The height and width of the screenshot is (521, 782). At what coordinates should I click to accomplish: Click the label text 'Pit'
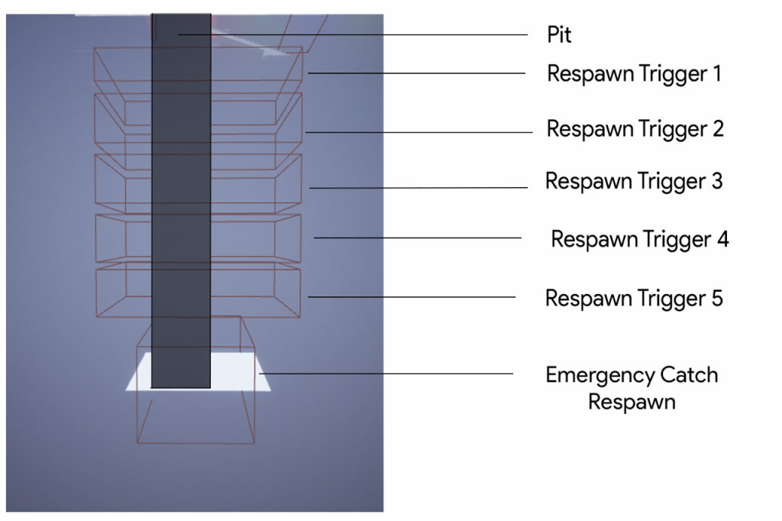point(559,35)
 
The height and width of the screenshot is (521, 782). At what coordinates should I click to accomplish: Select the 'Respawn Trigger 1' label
point(634,74)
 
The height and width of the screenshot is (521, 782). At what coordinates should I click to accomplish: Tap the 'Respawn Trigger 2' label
point(635,129)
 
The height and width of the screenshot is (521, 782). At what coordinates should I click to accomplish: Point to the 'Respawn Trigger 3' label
point(634,182)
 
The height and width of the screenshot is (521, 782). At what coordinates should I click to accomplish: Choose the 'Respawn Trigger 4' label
point(640,239)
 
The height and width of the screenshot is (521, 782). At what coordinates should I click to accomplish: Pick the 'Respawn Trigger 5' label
point(634,298)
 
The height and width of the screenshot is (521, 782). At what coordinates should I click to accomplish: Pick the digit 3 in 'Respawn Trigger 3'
point(716,182)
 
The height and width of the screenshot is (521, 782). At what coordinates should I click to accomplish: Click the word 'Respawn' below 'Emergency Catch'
point(632,402)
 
